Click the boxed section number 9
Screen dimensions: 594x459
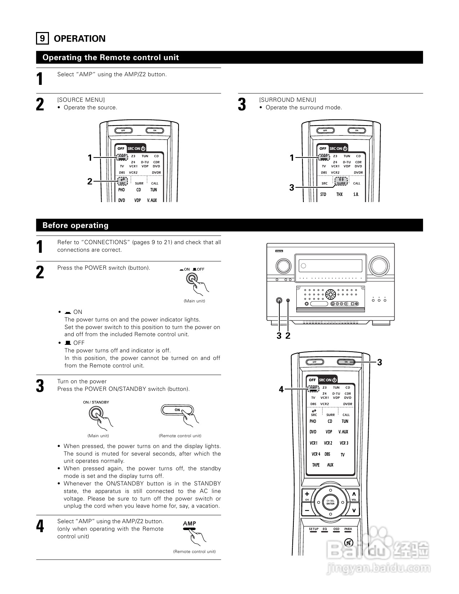point(42,38)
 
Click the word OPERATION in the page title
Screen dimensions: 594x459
point(80,39)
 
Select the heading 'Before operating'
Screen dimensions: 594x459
point(75,225)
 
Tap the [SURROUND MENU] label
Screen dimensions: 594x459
point(288,100)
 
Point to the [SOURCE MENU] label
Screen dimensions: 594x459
point(81,100)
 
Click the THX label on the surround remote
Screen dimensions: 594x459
point(339,195)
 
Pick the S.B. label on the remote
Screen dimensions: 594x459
point(356,195)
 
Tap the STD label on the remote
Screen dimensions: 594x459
point(323,195)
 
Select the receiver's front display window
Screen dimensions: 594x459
point(330,266)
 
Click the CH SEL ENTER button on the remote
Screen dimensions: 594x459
point(330,502)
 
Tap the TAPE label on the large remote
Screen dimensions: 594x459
point(316,465)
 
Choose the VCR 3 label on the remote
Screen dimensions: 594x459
point(344,443)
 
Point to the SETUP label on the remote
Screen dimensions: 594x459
point(314,529)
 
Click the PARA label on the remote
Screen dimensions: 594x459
point(348,529)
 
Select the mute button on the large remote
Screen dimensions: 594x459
point(348,543)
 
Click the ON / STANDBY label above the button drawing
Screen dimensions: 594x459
point(96,402)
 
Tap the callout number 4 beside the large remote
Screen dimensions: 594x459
point(282,389)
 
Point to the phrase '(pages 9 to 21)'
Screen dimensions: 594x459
point(152,242)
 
